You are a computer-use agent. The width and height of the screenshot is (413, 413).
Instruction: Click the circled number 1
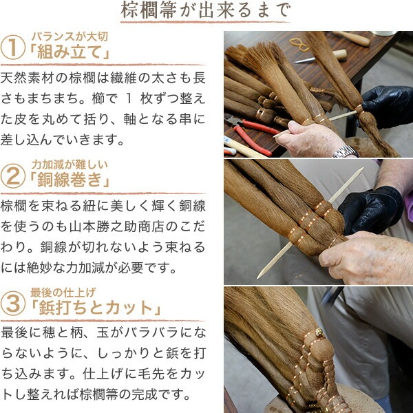[12, 48]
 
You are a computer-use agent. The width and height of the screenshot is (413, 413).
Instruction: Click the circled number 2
[12, 177]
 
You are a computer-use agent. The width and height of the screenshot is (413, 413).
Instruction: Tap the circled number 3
[12, 302]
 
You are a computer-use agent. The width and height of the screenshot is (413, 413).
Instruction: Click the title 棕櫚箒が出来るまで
[205, 12]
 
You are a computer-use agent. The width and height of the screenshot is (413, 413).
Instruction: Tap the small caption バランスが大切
[69, 36]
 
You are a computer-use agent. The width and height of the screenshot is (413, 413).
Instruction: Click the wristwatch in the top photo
[346, 151]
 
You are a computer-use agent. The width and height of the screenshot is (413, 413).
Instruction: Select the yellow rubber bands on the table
[298, 43]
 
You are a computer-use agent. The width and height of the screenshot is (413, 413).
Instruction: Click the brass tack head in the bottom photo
[319, 332]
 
